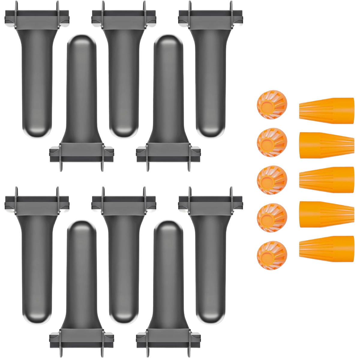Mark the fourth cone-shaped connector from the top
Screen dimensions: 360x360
327,214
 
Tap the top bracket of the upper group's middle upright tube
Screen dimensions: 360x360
124,17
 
